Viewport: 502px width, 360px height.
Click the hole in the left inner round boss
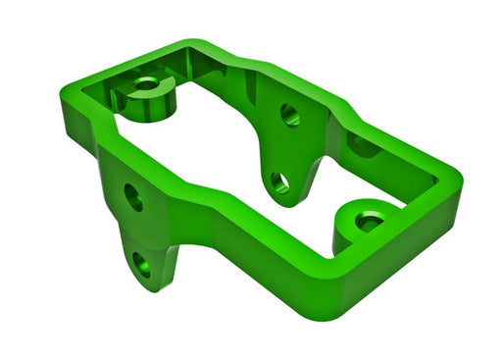click(146, 85)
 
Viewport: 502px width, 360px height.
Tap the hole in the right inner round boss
click(370, 222)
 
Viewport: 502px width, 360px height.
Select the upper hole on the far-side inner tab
click(289, 115)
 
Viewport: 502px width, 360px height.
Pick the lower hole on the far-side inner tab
click(279, 181)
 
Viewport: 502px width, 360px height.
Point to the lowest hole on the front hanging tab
click(143, 263)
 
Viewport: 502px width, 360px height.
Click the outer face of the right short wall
click(412, 260)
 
